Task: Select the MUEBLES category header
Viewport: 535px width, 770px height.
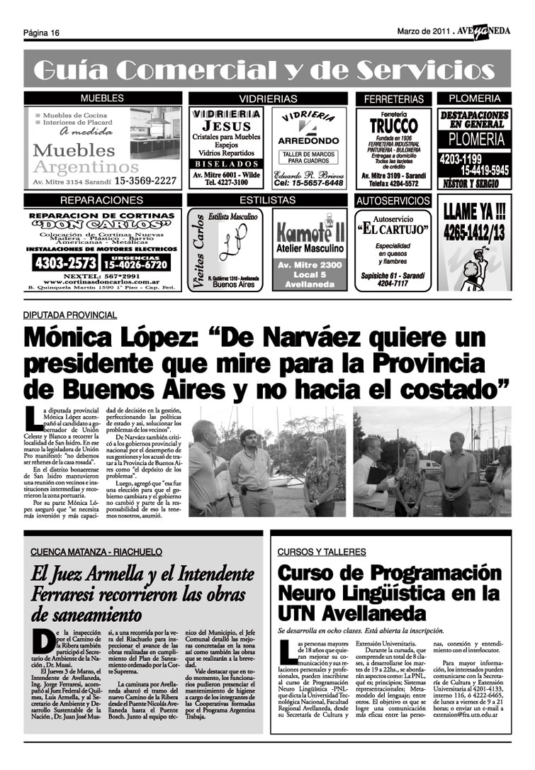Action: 101,98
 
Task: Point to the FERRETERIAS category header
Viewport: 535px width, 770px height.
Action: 393,99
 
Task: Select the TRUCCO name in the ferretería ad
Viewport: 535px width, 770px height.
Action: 393,125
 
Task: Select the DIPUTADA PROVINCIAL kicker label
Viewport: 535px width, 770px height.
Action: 69,314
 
